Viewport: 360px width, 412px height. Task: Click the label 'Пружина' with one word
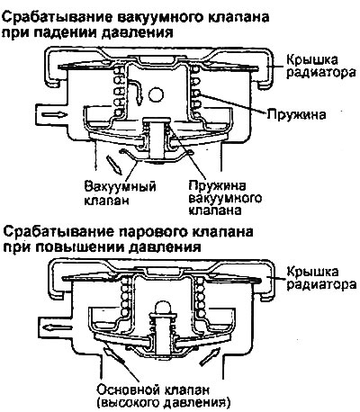[x=296, y=114]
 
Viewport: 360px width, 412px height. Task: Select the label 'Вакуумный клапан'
[x=120, y=193]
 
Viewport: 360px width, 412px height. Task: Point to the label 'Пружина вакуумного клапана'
[x=225, y=197]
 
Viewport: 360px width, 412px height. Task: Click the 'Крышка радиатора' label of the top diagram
[x=320, y=66]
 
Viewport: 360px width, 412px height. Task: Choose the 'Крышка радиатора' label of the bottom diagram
[x=321, y=278]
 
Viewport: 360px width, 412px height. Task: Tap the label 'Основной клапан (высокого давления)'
[x=162, y=396]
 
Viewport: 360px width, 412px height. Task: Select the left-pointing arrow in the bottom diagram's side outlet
[x=57, y=327]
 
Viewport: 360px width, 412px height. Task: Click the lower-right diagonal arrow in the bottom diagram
[x=211, y=357]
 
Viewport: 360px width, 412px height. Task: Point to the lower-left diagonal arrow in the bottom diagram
[x=113, y=356]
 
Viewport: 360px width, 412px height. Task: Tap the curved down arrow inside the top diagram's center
[x=135, y=90]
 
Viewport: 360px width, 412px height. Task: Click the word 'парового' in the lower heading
[x=153, y=233]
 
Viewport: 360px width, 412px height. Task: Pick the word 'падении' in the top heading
[x=65, y=33]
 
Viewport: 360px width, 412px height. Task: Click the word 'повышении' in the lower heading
[x=76, y=247]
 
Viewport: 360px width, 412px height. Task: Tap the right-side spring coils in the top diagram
[x=197, y=94]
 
